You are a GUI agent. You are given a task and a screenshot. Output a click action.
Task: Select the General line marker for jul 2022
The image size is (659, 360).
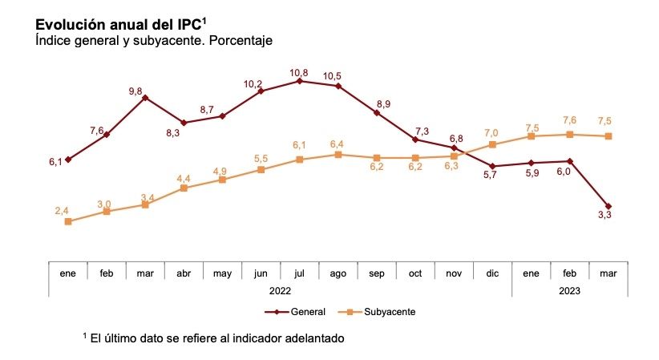[299, 81]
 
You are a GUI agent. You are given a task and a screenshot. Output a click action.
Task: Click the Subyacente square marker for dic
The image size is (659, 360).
[492, 144]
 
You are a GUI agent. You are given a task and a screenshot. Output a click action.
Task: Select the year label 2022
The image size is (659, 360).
[280, 291]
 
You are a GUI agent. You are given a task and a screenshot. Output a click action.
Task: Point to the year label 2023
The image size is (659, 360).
[569, 291]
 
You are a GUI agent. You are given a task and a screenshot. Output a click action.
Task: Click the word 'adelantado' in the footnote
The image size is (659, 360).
[313, 338]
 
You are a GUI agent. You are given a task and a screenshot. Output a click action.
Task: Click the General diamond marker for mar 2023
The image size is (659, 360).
[608, 206]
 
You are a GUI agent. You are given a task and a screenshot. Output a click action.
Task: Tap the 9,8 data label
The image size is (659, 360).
[145, 91]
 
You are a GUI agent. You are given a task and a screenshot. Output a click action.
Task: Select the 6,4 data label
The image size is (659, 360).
[338, 144]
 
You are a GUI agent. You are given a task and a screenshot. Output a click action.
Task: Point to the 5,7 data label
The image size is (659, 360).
[492, 177]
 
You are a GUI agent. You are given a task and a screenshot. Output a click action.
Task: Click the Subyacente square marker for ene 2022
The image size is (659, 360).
[68, 221]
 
